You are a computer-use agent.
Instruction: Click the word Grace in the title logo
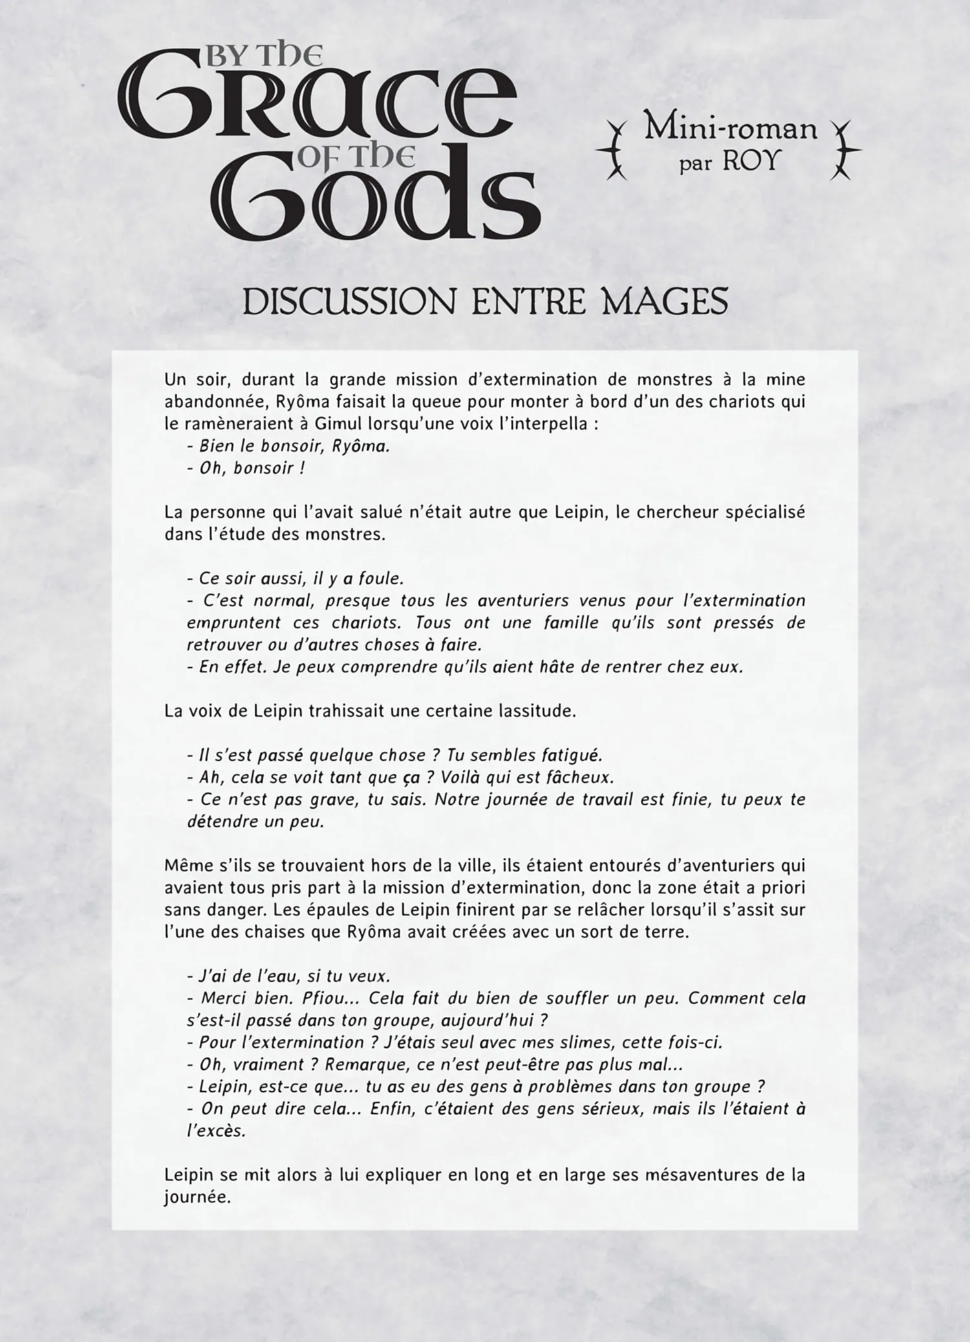point(317,103)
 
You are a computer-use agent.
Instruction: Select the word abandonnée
point(217,401)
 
